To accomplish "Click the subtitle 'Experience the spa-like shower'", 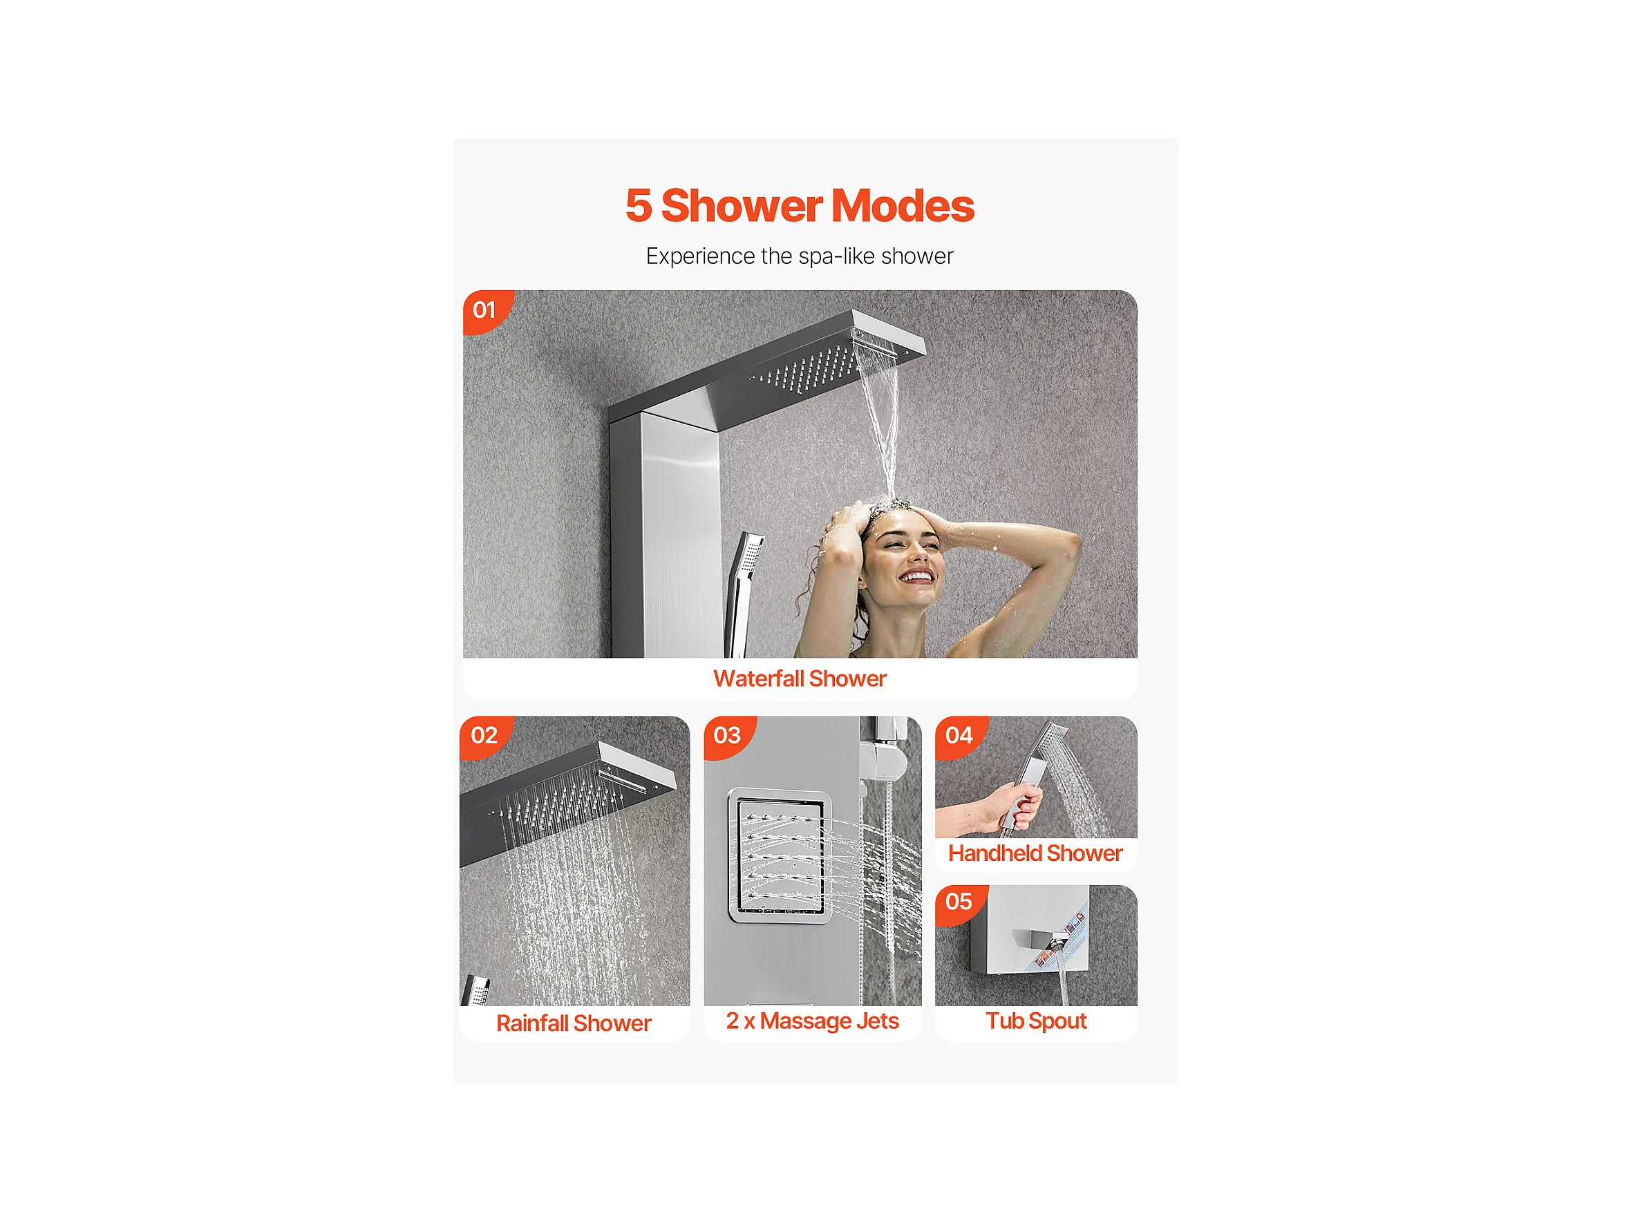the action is [800, 256].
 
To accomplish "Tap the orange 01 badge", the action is [487, 311].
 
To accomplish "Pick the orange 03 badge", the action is [728, 737].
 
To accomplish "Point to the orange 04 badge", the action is [960, 737].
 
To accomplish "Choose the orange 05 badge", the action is [960, 903].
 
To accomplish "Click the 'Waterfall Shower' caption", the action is [800, 679].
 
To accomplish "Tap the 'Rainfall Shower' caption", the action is [574, 1023].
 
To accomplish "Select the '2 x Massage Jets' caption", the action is [812, 1021].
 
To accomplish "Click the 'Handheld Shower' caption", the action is [1035, 853].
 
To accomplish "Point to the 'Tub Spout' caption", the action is [1036, 1021].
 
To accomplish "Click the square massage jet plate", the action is [780, 856].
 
